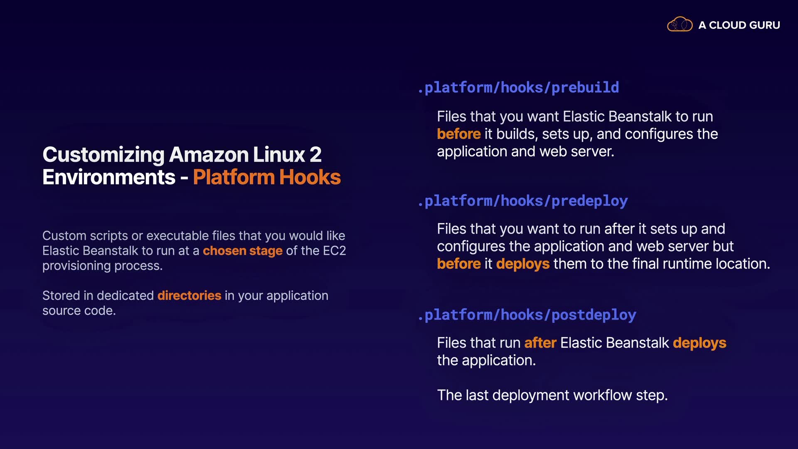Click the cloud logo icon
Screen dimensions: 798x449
pyautogui.click(x=680, y=25)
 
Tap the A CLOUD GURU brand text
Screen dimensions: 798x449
pyautogui.click(x=739, y=25)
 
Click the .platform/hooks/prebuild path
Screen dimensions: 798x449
pyautogui.click(x=518, y=88)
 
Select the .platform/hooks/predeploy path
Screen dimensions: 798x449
pyautogui.click(x=522, y=201)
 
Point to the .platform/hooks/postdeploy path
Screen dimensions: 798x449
pyautogui.click(x=527, y=315)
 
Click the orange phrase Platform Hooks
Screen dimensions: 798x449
pyautogui.click(x=267, y=177)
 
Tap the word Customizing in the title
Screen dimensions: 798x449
pyautogui.click(x=103, y=155)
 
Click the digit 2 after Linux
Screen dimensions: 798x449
pyautogui.click(x=315, y=155)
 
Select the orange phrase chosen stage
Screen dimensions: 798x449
pyautogui.click(x=242, y=251)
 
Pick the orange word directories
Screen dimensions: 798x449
pyautogui.click(x=189, y=296)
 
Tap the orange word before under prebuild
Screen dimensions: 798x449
pyautogui.click(x=458, y=134)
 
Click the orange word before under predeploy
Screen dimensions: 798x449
pyautogui.click(x=458, y=264)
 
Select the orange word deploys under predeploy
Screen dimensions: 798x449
pyautogui.click(x=522, y=264)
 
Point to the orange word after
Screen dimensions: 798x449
pyautogui.click(x=540, y=343)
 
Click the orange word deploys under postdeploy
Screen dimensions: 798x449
pyautogui.click(x=699, y=343)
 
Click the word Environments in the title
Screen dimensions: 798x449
pyautogui.click(x=109, y=177)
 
